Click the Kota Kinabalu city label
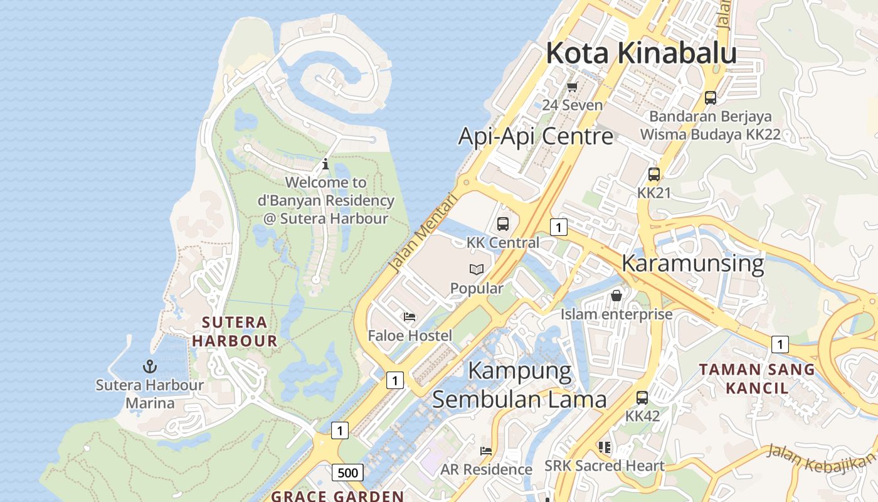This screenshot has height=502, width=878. (641, 53)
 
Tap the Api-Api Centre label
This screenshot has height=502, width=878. (536, 136)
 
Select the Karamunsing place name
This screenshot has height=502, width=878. (692, 263)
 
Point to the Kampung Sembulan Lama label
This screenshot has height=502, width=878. (519, 385)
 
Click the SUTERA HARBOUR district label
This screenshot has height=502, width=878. (235, 332)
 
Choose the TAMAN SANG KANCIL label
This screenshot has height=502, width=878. (757, 378)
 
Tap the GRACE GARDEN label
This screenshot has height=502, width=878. (337, 496)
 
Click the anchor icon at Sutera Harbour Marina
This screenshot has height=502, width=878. (150, 366)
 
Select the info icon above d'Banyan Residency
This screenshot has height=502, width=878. (325, 164)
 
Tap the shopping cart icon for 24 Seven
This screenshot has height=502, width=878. (572, 87)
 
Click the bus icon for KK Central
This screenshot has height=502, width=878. (502, 223)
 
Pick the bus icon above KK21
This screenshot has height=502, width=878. (653, 174)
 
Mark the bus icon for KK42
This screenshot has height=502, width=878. (642, 397)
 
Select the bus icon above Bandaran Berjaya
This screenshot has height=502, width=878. (710, 98)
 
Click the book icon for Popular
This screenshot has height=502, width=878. (477, 269)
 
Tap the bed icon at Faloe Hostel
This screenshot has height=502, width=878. (410, 317)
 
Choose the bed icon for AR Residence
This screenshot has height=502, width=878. (486, 451)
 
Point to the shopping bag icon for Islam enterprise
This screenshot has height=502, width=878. (616, 295)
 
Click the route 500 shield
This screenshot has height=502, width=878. (347, 473)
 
